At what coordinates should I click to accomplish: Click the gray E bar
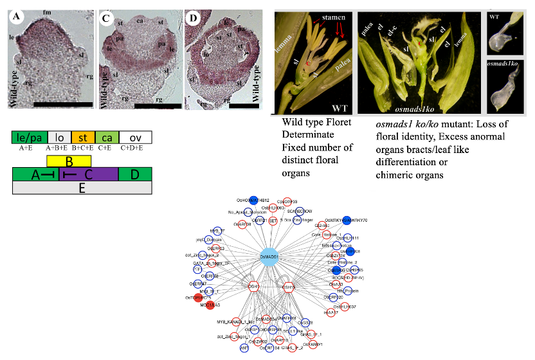pyautogui.click(x=82, y=187)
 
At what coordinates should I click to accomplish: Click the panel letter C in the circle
pyautogui.click(x=107, y=18)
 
